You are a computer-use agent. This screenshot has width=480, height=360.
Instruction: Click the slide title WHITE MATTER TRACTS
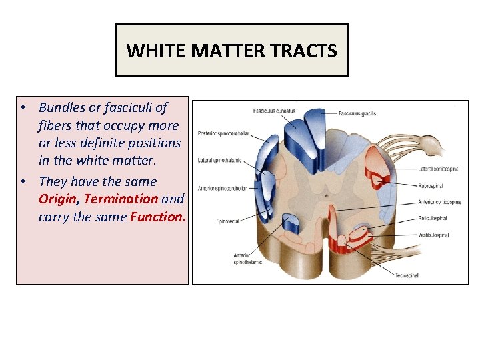[x=231, y=51]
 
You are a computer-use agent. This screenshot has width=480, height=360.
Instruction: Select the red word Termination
[x=121, y=199]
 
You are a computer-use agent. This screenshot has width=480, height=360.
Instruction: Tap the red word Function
[x=159, y=217]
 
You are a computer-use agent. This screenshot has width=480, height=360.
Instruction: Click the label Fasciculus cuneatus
[x=274, y=110]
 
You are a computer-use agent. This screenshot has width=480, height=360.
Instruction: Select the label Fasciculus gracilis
[x=357, y=113]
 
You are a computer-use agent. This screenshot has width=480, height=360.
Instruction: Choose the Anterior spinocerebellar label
[x=223, y=189]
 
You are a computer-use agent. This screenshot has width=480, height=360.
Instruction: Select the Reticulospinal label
[x=433, y=218]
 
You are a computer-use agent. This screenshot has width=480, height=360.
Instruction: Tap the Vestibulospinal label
[x=434, y=235]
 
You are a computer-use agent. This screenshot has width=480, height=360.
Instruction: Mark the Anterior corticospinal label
[x=440, y=202]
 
